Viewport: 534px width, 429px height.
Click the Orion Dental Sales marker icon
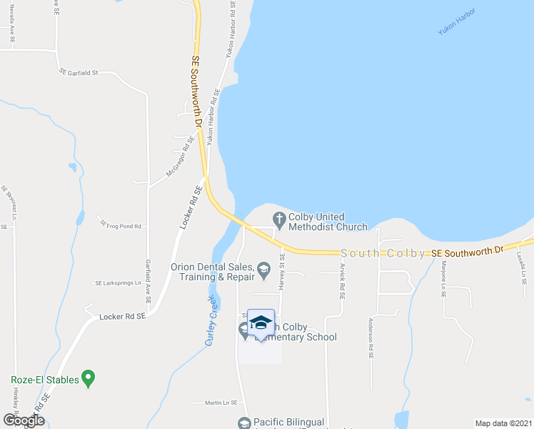point(263,270)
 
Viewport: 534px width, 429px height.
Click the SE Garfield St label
point(79,72)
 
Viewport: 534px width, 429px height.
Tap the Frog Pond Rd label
point(124,226)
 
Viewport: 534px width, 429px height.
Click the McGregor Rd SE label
point(181,157)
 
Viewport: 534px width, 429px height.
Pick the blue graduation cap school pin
point(261,322)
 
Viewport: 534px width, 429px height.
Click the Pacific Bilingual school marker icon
point(245,424)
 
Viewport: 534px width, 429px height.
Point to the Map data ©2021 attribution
point(503,423)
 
